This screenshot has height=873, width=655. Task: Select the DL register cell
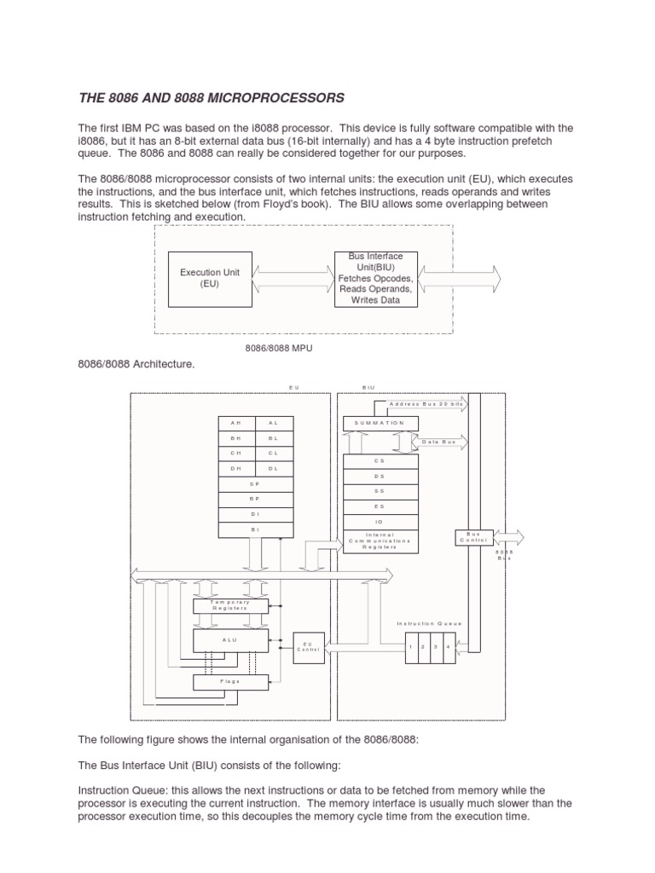[x=273, y=468]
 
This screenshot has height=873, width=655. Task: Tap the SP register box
[x=255, y=484]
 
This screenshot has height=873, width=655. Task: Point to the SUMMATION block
[x=380, y=424]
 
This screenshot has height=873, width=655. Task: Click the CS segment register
[x=380, y=461]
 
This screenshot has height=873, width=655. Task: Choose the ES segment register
[x=380, y=506]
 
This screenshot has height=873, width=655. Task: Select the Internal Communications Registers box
[x=380, y=541]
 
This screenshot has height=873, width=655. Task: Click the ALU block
[x=231, y=639]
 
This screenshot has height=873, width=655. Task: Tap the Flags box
[x=231, y=681]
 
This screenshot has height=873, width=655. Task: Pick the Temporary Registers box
[x=231, y=605]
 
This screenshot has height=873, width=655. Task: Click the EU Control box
[x=307, y=646]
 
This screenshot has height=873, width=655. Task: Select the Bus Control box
[x=474, y=537]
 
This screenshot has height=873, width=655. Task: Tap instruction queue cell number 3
[x=435, y=647]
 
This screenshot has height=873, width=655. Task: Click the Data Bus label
[x=436, y=442]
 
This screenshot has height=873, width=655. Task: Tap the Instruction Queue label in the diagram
[x=429, y=623]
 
